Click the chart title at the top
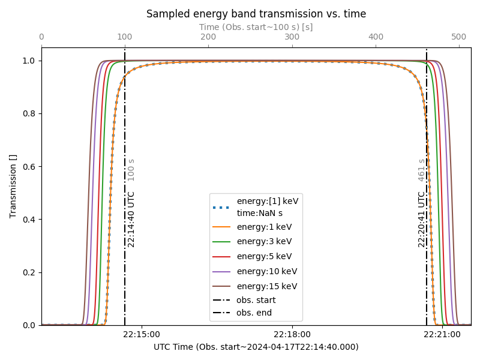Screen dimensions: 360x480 256,14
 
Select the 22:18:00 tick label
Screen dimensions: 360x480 292,334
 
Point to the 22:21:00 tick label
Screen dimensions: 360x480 442,334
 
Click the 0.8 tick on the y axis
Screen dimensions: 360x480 29,113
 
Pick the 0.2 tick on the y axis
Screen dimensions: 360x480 29,272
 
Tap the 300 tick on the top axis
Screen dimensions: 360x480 292,37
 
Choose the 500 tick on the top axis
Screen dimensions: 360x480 459,37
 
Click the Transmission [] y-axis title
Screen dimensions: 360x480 13,186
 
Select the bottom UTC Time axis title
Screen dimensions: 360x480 256,347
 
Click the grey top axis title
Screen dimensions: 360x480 256,27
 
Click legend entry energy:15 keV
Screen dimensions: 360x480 266,286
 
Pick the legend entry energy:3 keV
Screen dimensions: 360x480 264,241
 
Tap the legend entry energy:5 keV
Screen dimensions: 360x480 264,256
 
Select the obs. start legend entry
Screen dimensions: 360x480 256,300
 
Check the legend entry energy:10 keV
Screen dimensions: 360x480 266,271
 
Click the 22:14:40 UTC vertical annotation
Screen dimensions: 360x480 131,219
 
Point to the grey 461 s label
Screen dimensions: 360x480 422,170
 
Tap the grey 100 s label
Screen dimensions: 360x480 131,170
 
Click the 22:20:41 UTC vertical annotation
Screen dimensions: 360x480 422,219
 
